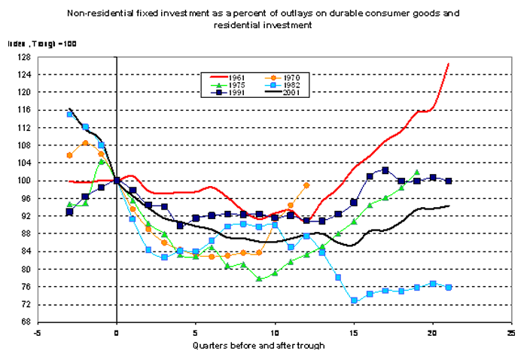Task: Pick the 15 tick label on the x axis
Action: pos(353,333)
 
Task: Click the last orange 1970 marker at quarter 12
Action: pos(306,185)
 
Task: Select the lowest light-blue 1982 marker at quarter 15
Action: pos(354,301)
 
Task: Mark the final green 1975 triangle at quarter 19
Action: pos(416,172)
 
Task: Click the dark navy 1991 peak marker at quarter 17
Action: pos(385,170)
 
